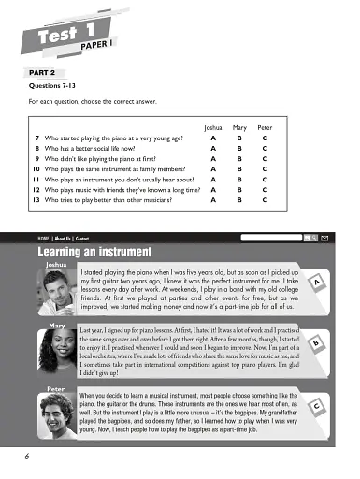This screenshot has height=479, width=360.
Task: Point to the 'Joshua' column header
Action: [x=215, y=124]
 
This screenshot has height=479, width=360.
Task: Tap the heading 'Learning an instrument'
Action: [x=93, y=252]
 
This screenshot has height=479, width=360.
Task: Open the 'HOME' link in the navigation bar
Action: [x=43, y=238]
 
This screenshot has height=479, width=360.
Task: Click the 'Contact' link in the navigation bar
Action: [x=82, y=238]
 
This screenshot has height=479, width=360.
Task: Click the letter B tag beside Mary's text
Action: [x=319, y=344]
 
